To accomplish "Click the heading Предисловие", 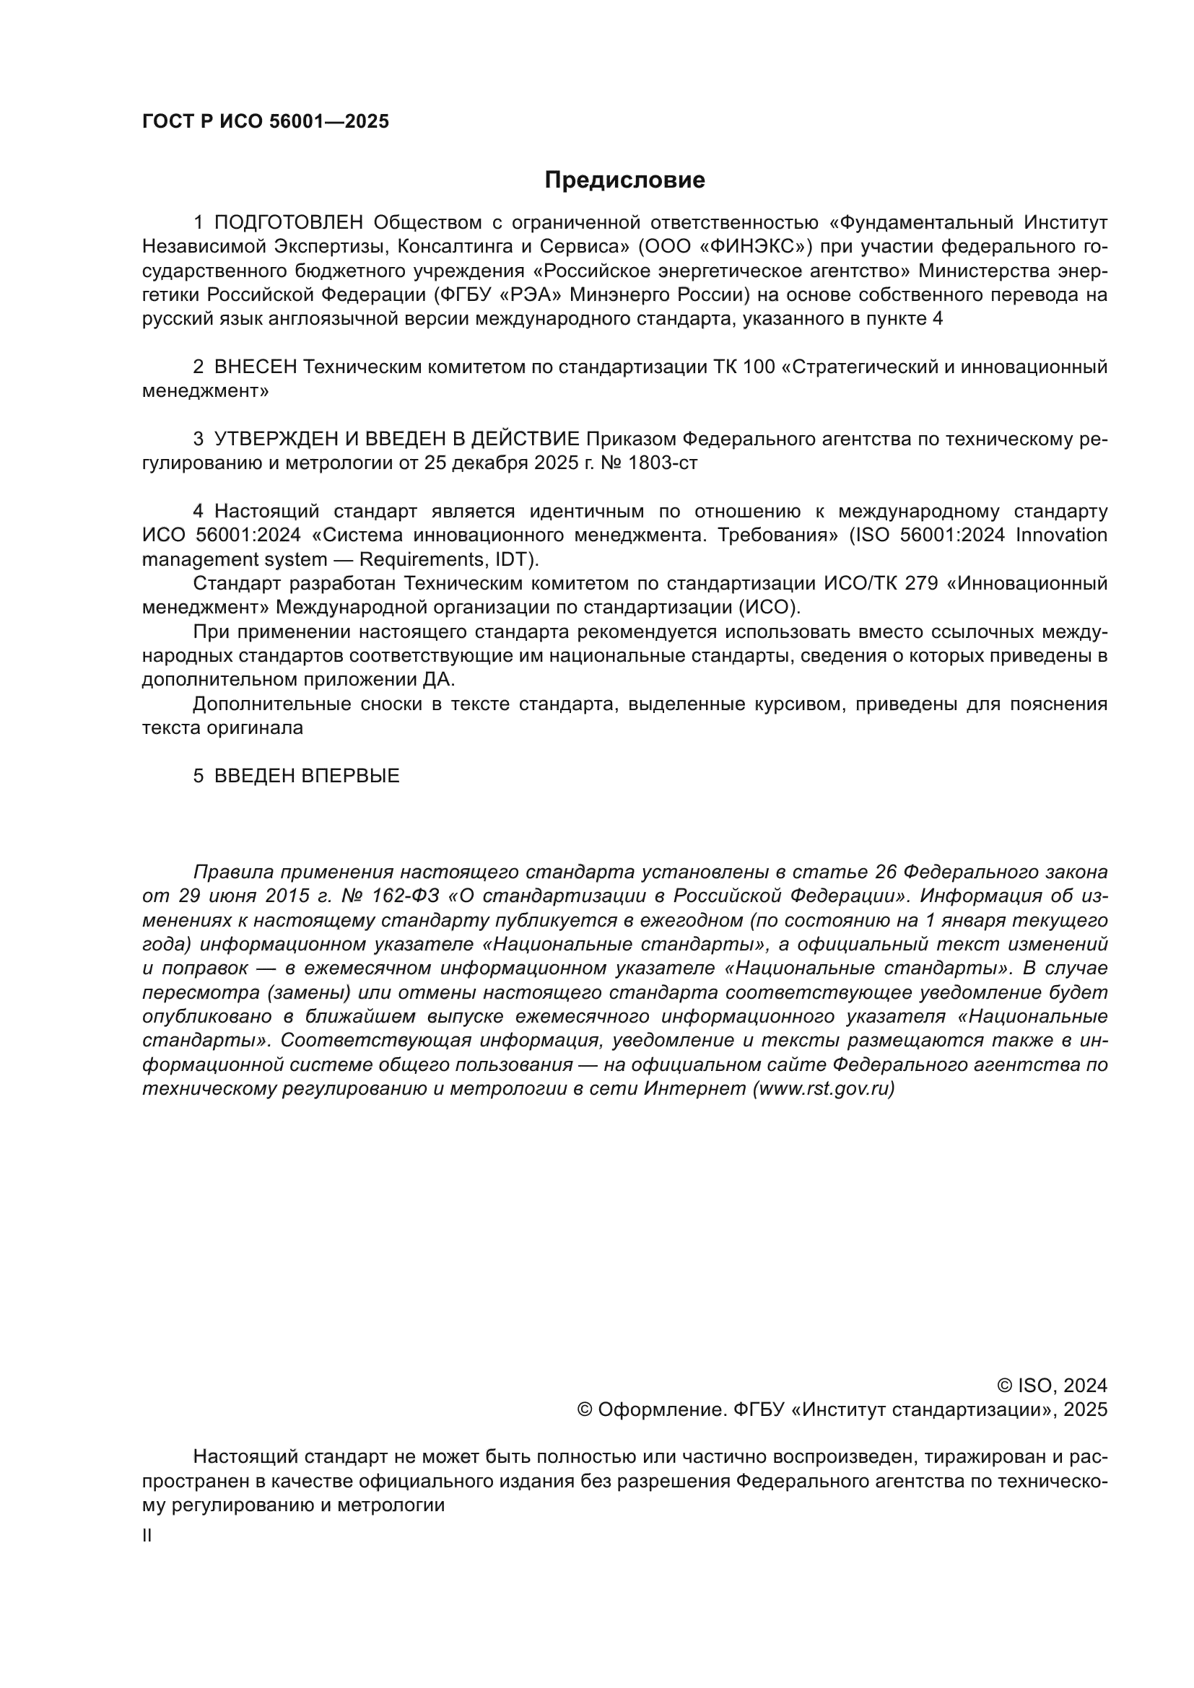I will click(624, 180).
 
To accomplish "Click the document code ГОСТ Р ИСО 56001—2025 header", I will click(266, 122).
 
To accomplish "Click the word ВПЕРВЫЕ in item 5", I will click(351, 776).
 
